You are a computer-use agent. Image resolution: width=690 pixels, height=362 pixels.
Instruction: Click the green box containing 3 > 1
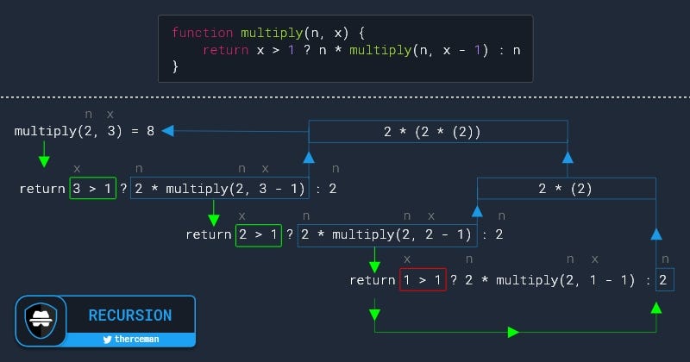point(92,188)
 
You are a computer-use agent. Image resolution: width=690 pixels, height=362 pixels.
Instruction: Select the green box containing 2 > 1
point(258,234)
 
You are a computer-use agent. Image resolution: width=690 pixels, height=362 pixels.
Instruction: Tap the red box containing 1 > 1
point(423,280)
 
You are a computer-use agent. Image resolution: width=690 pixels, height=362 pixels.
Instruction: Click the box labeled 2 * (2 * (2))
point(438,132)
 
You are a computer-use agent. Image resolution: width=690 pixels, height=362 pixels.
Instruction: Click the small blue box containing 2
point(662,280)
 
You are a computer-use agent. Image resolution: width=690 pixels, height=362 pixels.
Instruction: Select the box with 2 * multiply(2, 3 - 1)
point(219,188)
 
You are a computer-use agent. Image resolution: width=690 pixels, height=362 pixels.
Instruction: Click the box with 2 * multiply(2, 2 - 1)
point(386,234)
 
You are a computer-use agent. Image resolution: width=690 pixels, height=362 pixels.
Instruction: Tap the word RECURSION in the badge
point(130,315)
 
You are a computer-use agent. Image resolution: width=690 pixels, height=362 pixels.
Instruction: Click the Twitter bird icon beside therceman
point(107,340)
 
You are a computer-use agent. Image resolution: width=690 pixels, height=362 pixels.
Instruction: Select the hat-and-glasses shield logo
point(41,319)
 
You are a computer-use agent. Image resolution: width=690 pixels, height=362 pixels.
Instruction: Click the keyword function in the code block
point(203,34)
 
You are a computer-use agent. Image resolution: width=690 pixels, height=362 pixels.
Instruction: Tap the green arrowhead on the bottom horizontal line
point(514,332)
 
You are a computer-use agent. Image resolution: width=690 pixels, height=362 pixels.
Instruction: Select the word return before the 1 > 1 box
point(373,280)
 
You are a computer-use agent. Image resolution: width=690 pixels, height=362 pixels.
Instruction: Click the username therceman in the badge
point(136,340)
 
